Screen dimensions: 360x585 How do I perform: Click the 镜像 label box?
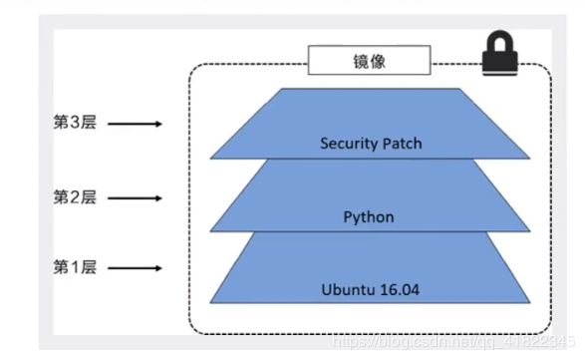pyautogui.click(x=370, y=62)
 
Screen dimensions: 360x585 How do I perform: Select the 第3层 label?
pyautogui.click(x=75, y=124)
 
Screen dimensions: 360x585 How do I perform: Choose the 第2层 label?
pyautogui.click(x=75, y=197)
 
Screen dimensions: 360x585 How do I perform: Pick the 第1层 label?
pyautogui.click(x=75, y=268)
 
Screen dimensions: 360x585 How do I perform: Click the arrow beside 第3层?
pyautogui.click(x=134, y=125)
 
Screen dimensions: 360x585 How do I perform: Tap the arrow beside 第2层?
pyautogui.click(x=134, y=198)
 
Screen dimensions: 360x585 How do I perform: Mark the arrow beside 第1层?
pyautogui.click(x=134, y=269)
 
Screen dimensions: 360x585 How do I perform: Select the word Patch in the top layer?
pyautogui.click(x=402, y=144)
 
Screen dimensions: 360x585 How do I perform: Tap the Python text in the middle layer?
pyautogui.click(x=370, y=216)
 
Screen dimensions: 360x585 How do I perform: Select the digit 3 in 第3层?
pyautogui.click(x=75, y=124)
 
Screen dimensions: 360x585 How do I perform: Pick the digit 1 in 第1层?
pyautogui.click(x=75, y=268)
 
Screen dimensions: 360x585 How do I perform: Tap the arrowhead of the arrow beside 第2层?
pyautogui.click(x=156, y=198)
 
